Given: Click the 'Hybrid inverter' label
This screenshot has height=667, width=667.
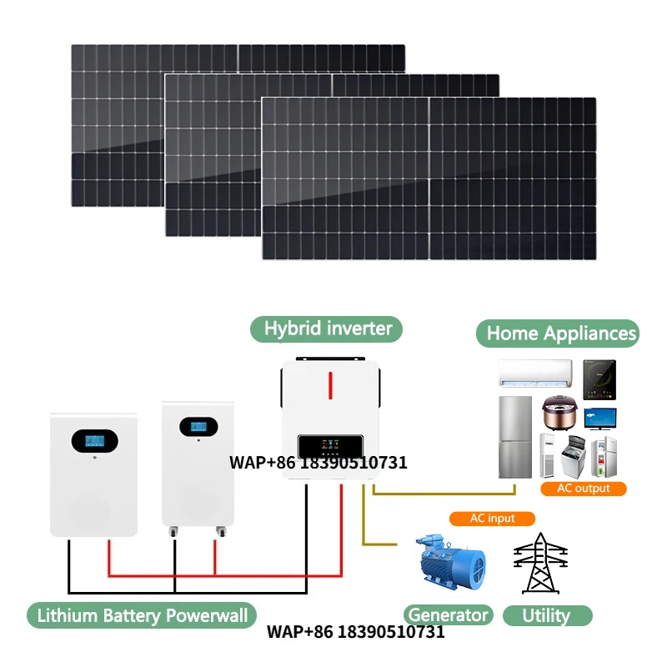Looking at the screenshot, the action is pos(327,328).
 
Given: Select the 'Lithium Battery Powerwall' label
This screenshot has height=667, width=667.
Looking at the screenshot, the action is pos(143,616).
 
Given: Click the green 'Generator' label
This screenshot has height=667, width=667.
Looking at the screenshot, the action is pos(448,616).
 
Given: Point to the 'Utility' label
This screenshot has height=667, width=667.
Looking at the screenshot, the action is pos(546,616).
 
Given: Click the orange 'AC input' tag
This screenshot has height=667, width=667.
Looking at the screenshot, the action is pos(493,519).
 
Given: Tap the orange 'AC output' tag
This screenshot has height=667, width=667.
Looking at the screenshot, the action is pos(583,489).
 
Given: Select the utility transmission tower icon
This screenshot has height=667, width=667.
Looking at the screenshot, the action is pos(540,563).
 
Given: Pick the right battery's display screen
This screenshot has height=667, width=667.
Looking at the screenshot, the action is pos(198,426).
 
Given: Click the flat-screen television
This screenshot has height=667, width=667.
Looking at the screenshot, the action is pos(600,418).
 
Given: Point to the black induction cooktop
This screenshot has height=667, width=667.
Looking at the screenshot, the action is pos(599,378).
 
